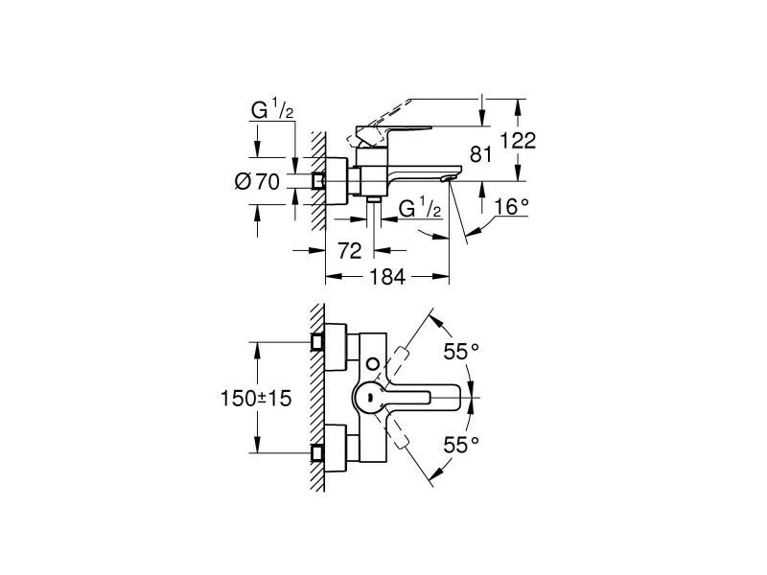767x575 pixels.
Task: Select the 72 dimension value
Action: tap(351, 251)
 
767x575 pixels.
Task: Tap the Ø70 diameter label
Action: tap(257, 180)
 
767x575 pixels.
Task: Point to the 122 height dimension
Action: tap(517, 140)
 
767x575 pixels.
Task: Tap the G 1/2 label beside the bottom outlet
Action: tap(419, 208)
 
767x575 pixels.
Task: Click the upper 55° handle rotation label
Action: tap(460, 352)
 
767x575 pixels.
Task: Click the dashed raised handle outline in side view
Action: tap(422, 107)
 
